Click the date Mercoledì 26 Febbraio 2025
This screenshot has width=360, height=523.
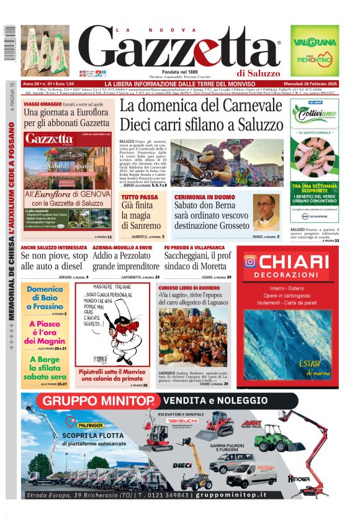coord(312,84)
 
